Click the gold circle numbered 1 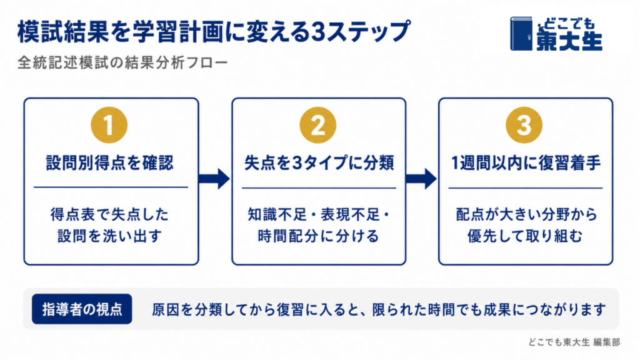109,125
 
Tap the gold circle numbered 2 318,125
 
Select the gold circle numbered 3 524,125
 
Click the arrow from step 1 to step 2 214,179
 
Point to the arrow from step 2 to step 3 421,179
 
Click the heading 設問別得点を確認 110,163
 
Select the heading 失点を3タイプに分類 319,163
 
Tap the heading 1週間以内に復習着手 526,163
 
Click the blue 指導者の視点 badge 82,309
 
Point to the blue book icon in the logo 521,34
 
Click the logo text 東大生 569,41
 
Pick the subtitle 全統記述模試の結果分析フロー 122,63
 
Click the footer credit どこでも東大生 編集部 574,342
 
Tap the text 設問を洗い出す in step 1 110,236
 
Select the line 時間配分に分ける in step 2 318,236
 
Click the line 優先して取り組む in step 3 525,236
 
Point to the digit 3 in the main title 317,32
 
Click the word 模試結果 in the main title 63,32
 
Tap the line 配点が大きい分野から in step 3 526,214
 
